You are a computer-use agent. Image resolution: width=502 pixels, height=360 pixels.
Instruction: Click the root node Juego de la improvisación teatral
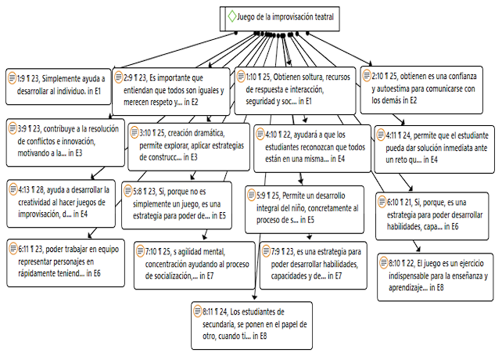click(x=281, y=16)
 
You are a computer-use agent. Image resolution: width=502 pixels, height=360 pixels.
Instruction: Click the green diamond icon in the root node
click(x=231, y=16)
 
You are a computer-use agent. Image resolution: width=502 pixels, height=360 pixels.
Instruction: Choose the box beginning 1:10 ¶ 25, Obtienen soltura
click(x=294, y=89)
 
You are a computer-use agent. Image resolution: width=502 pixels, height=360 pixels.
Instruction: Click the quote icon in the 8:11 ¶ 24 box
click(x=196, y=312)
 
